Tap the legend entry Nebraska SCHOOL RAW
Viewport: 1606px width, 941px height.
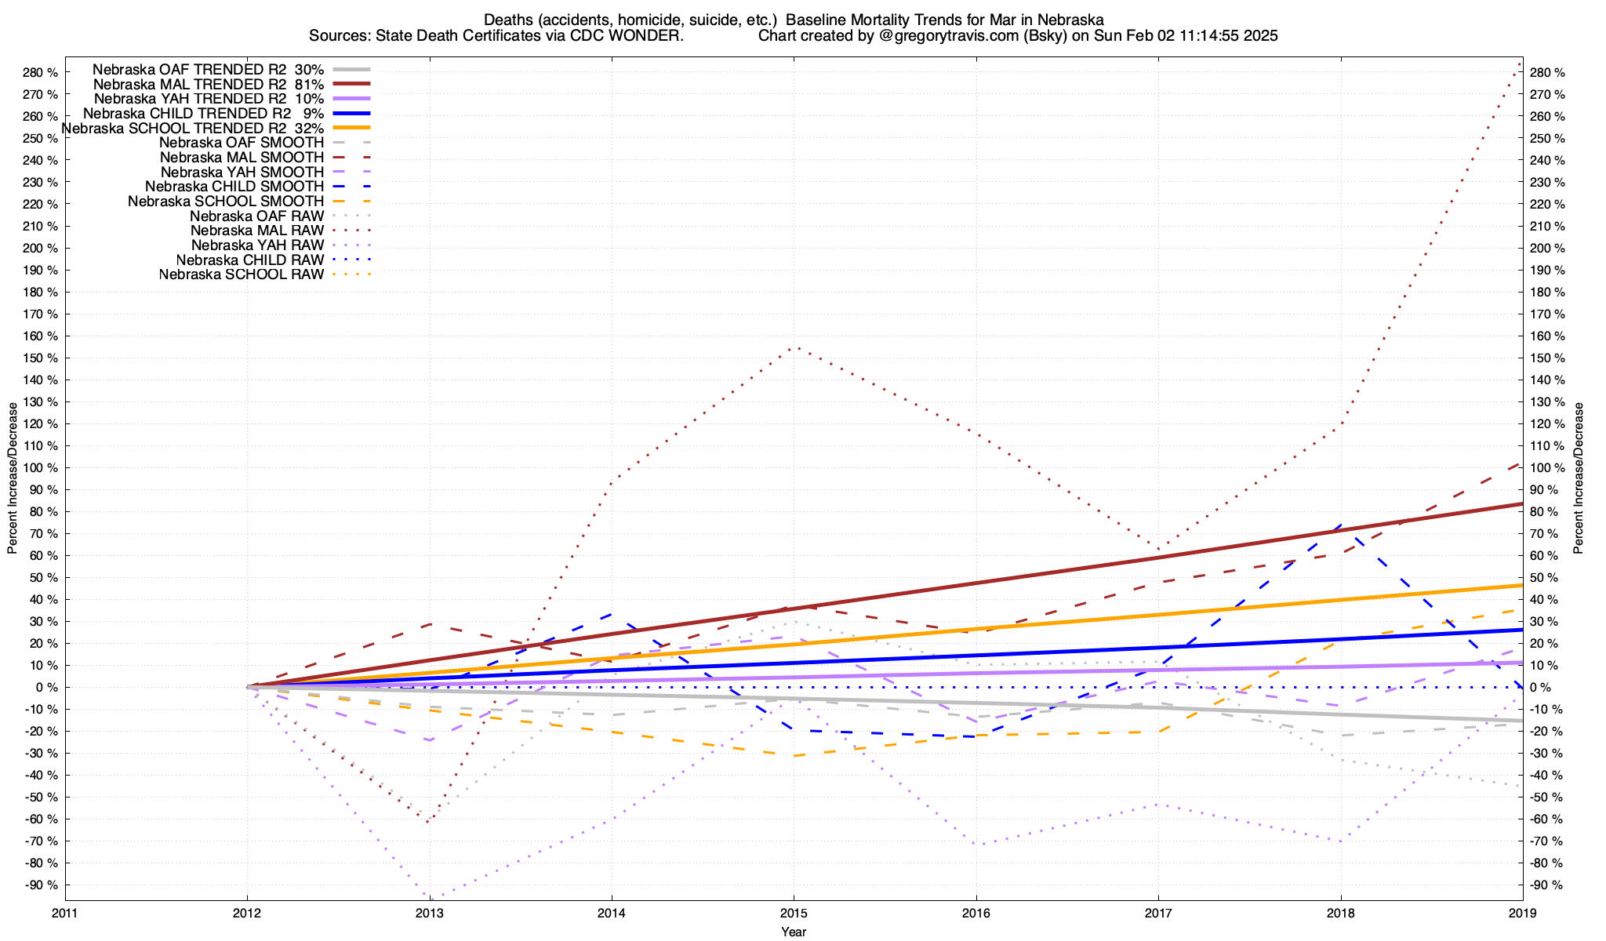click(241, 274)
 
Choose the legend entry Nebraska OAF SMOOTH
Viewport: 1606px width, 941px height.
click(241, 143)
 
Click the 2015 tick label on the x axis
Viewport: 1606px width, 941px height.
click(794, 913)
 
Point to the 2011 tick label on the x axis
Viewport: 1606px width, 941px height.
click(65, 913)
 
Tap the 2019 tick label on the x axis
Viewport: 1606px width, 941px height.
click(1522, 913)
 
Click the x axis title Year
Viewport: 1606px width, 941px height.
click(794, 932)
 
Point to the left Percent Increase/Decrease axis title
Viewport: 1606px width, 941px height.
click(13, 478)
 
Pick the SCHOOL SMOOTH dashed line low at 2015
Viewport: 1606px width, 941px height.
click(794, 756)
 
